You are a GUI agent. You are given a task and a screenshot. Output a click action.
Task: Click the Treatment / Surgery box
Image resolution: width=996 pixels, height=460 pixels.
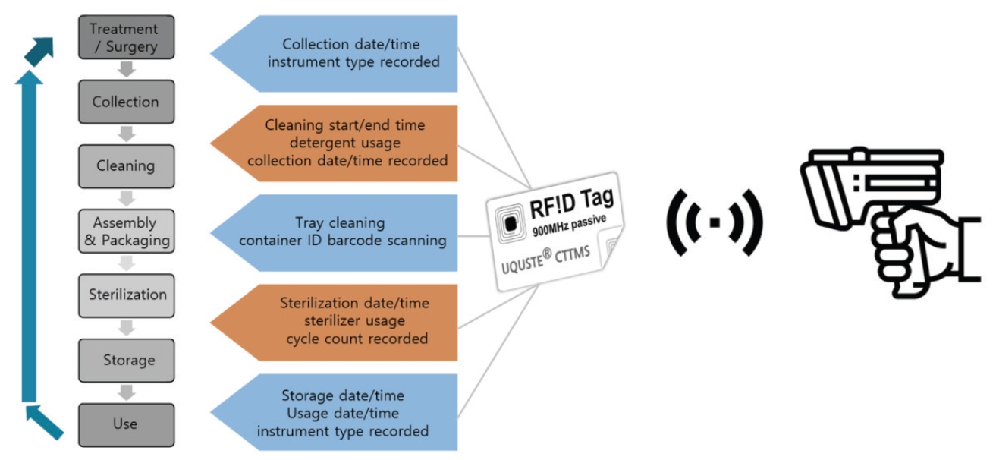[x=126, y=38]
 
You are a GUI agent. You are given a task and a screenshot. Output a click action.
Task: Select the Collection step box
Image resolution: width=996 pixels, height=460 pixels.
[x=126, y=102]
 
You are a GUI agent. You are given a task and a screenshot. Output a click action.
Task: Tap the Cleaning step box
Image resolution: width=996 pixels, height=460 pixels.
[x=126, y=166]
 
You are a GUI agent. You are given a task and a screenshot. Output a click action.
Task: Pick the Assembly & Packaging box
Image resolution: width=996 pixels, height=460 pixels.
[x=126, y=231]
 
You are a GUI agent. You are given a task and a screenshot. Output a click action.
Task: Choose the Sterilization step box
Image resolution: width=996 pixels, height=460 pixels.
[x=126, y=295]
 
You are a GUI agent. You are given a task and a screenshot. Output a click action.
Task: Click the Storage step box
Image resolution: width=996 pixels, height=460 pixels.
[x=126, y=360]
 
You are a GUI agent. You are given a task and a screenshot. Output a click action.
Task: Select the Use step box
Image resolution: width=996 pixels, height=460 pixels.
[x=126, y=424]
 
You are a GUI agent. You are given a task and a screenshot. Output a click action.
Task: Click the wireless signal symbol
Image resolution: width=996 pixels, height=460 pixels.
[x=714, y=222]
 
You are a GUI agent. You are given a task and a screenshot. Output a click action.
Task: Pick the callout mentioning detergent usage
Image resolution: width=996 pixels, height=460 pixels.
[x=341, y=143]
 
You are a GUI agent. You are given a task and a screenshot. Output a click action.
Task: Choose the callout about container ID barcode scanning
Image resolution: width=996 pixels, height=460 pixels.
[x=341, y=232]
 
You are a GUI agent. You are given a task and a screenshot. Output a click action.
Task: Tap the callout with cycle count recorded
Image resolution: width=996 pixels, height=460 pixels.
[x=341, y=321]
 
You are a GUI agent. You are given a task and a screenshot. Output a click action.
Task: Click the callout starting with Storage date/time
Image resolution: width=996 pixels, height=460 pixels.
[x=341, y=414]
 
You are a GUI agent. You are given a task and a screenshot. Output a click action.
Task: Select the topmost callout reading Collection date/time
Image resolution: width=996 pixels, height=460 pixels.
[x=341, y=54]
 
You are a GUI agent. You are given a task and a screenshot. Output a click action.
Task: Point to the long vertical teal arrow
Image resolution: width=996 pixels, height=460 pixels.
[x=29, y=235]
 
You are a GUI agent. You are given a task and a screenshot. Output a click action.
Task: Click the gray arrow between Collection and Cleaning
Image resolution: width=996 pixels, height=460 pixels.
[x=127, y=134]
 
